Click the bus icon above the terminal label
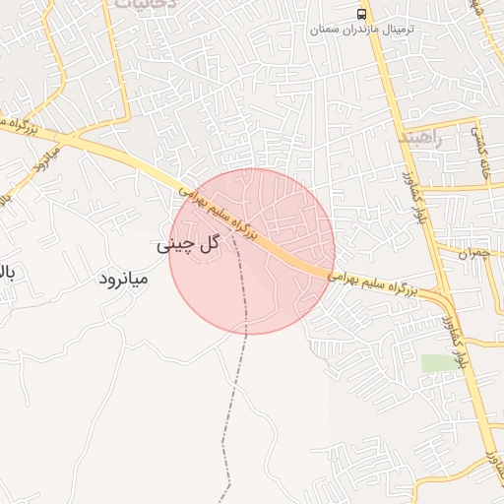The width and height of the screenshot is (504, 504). click(362, 14)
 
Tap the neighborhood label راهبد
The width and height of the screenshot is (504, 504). click(424, 139)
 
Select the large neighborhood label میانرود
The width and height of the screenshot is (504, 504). click(123, 279)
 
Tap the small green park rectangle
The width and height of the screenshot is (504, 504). click(439, 363)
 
